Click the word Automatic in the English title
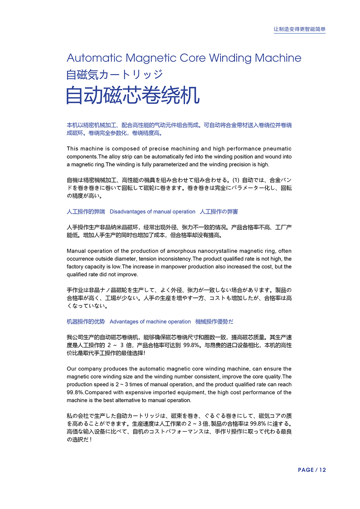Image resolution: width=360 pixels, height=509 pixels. pos(94,58)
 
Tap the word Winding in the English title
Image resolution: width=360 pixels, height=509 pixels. pos(230,58)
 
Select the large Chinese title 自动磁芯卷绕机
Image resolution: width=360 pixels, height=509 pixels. pos(133,96)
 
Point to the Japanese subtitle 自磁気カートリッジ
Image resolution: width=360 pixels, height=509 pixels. pos(114,74)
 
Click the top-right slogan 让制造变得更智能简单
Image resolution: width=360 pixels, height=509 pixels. pos(299,29)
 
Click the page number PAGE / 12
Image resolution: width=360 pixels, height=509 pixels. pos(312,470)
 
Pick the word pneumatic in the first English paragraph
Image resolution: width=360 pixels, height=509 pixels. pos(277,149)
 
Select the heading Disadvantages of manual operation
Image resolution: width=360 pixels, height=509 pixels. pos(152,212)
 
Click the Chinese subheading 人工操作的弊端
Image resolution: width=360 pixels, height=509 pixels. pos(86,212)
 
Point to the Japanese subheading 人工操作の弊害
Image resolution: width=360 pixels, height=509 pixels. pos(219,212)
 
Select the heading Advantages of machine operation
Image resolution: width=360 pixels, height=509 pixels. pos(150,322)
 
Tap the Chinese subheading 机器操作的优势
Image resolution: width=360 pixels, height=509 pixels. pos(86,322)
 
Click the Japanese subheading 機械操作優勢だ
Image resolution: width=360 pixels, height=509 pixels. pos(214,322)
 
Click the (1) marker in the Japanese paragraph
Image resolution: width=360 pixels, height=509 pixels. pos(235,180)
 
